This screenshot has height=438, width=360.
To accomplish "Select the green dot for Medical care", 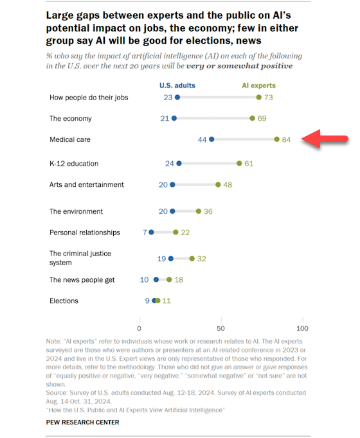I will click(276, 139).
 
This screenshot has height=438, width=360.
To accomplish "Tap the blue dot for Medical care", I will click(212, 139).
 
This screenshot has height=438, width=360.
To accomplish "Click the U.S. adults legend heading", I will click(177, 85).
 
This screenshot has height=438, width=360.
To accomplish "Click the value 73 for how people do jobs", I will click(269, 98).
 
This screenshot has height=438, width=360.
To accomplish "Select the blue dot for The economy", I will click(174, 118).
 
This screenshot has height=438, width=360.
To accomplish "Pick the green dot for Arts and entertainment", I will click(218, 185).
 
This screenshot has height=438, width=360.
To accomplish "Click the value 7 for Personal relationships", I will click(145, 232).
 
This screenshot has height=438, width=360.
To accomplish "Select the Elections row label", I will click(64, 301).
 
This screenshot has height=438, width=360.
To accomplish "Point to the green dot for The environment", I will click(198, 211).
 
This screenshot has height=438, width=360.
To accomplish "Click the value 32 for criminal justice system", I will click(202, 259).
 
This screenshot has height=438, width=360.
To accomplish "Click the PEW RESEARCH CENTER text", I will click(82, 422).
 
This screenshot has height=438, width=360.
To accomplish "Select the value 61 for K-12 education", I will click(249, 164).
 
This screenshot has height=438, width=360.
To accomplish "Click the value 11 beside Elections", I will click(167, 301).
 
